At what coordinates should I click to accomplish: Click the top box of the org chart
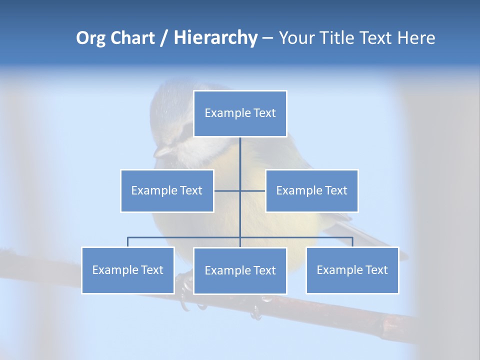(x=240, y=113)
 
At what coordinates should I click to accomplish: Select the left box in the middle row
(x=167, y=190)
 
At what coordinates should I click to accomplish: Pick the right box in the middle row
(x=311, y=190)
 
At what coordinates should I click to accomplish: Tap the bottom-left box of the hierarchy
(x=128, y=270)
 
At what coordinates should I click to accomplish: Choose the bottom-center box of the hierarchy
(x=240, y=270)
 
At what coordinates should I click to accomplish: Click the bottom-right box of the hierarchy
(x=352, y=270)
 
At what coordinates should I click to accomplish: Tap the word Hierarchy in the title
(x=215, y=38)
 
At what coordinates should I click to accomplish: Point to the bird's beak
(x=162, y=151)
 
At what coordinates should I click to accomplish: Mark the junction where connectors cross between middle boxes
(x=240, y=190)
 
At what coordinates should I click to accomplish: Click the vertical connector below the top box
(x=240, y=155)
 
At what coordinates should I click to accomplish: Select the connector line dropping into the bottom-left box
(x=128, y=242)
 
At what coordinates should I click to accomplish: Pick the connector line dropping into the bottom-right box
(x=352, y=242)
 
